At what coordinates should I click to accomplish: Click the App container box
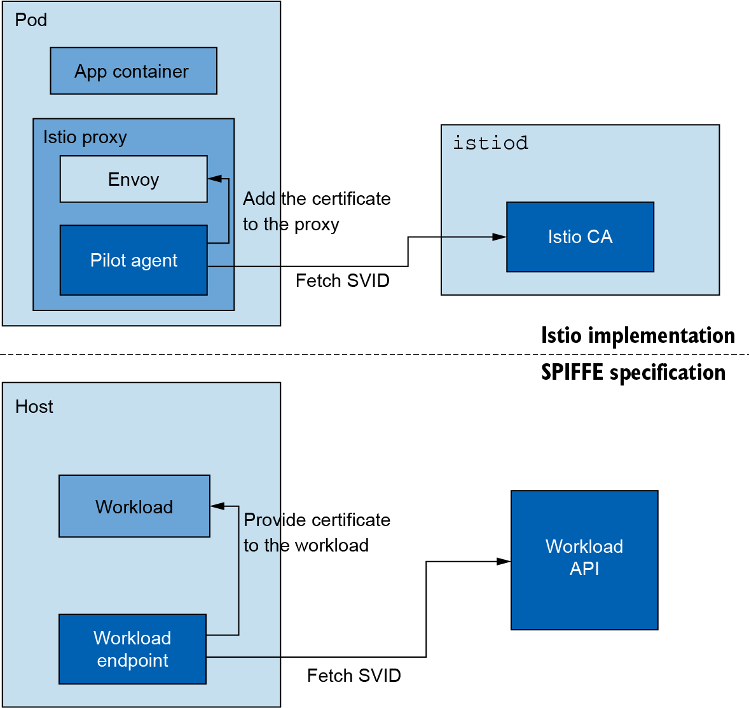click(134, 71)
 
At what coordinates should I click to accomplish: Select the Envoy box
click(134, 179)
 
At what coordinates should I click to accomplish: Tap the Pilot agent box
click(134, 260)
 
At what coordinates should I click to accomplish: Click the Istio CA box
click(580, 237)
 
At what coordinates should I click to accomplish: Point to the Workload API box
click(584, 560)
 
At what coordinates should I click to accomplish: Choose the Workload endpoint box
click(132, 649)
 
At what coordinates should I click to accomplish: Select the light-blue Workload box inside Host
click(134, 506)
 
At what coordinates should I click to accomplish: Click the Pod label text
click(31, 20)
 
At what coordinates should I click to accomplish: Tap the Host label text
click(34, 406)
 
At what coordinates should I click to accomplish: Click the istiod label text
click(490, 142)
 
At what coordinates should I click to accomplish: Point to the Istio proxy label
click(85, 137)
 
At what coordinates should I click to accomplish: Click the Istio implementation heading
click(638, 335)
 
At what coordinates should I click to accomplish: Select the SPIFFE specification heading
click(633, 372)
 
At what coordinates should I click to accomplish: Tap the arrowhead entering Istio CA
click(500, 237)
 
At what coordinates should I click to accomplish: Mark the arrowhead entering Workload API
click(504, 561)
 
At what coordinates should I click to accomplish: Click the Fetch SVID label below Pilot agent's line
click(342, 281)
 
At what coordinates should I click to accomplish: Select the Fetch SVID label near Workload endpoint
click(354, 676)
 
